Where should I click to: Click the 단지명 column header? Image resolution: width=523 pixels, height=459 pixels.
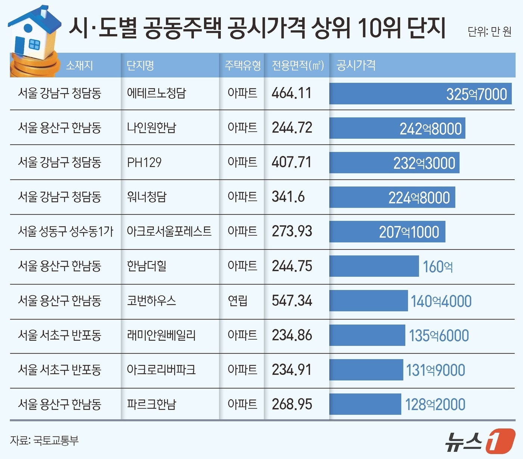(x=140, y=65)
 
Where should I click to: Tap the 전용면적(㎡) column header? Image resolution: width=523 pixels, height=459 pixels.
(x=297, y=65)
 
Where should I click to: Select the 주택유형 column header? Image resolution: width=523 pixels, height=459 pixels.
(x=242, y=65)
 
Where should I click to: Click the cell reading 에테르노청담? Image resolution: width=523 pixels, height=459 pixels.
(x=157, y=93)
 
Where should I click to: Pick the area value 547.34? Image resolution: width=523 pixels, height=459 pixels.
(x=292, y=301)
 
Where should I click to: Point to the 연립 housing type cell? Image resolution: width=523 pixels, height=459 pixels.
(x=238, y=301)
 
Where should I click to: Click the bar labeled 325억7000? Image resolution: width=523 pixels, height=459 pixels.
(x=420, y=94)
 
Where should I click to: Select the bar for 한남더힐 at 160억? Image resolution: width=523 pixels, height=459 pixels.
(x=374, y=266)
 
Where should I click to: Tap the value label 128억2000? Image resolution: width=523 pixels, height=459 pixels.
(x=435, y=405)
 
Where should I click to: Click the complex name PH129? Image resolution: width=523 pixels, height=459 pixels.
(x=144, y=162)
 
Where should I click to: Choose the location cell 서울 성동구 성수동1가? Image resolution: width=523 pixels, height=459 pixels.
(x=65, y=232)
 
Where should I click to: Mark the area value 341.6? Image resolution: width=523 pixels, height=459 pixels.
(x=288, y=197)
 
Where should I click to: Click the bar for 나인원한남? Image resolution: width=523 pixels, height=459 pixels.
(x=397, y=128)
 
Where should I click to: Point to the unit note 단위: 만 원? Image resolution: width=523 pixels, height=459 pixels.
(x=489, y=31)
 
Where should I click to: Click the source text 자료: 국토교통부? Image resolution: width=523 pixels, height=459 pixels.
(x=44, y=440)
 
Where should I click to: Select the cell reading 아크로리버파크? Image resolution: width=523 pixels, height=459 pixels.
(x=161, y=370)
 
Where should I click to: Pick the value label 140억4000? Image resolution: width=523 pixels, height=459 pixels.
(x=441, y=301)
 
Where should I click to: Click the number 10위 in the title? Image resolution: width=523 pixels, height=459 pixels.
(x=380, y=28)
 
